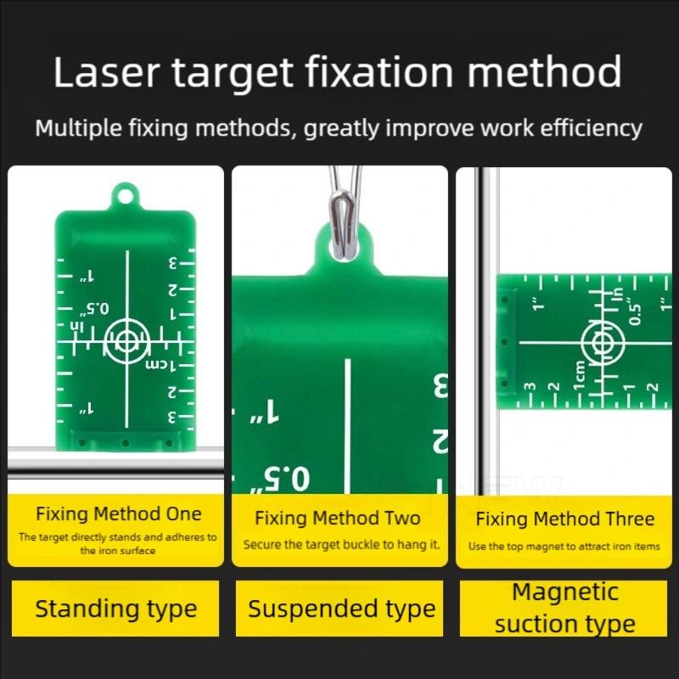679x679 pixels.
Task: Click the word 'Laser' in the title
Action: (106, 73)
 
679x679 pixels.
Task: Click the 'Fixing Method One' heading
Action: (118, 513)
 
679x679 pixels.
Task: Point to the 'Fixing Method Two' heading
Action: (338, 518)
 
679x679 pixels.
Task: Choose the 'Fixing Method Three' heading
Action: (564, 519)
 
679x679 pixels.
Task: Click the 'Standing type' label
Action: (115, 609)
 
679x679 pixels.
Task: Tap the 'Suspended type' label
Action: (341, 609)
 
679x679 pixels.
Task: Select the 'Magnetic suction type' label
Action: (564, 608)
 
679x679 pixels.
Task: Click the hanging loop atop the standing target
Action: (126, 197)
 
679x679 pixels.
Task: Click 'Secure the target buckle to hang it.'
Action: (341, 545)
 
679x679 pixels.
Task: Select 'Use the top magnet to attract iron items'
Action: (564, 547)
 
